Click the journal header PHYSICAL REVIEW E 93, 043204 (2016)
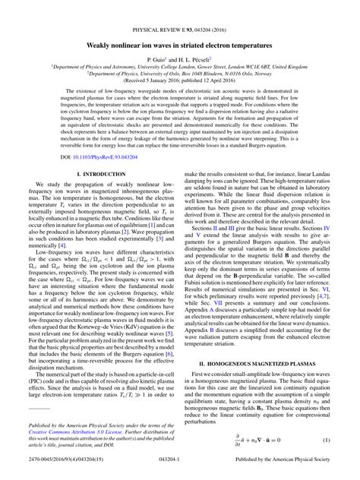(180, 8)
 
